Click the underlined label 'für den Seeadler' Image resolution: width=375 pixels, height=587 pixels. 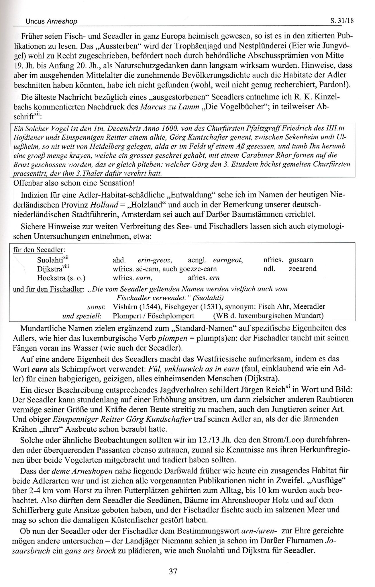(x=38, y=250)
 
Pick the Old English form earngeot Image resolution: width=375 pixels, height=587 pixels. (x=228, y=260)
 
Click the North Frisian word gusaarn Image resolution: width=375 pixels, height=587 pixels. (x=301, y=260)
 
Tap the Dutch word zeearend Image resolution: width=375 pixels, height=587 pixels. (x=303, y=269)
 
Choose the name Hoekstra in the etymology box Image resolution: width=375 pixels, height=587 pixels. (x=50, y=278)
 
